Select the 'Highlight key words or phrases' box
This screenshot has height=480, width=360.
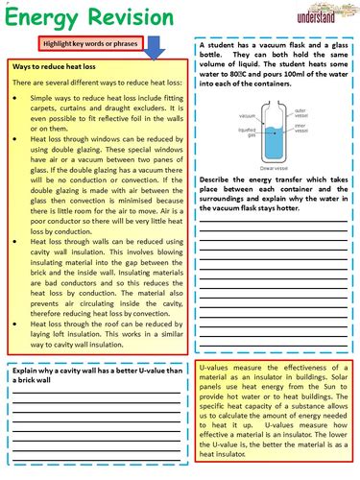coord(91,43)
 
